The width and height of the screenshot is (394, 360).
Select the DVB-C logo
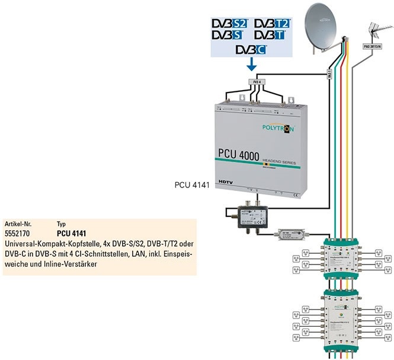pos(251,49)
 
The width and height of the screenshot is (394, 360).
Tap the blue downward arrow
pos(252,63)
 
